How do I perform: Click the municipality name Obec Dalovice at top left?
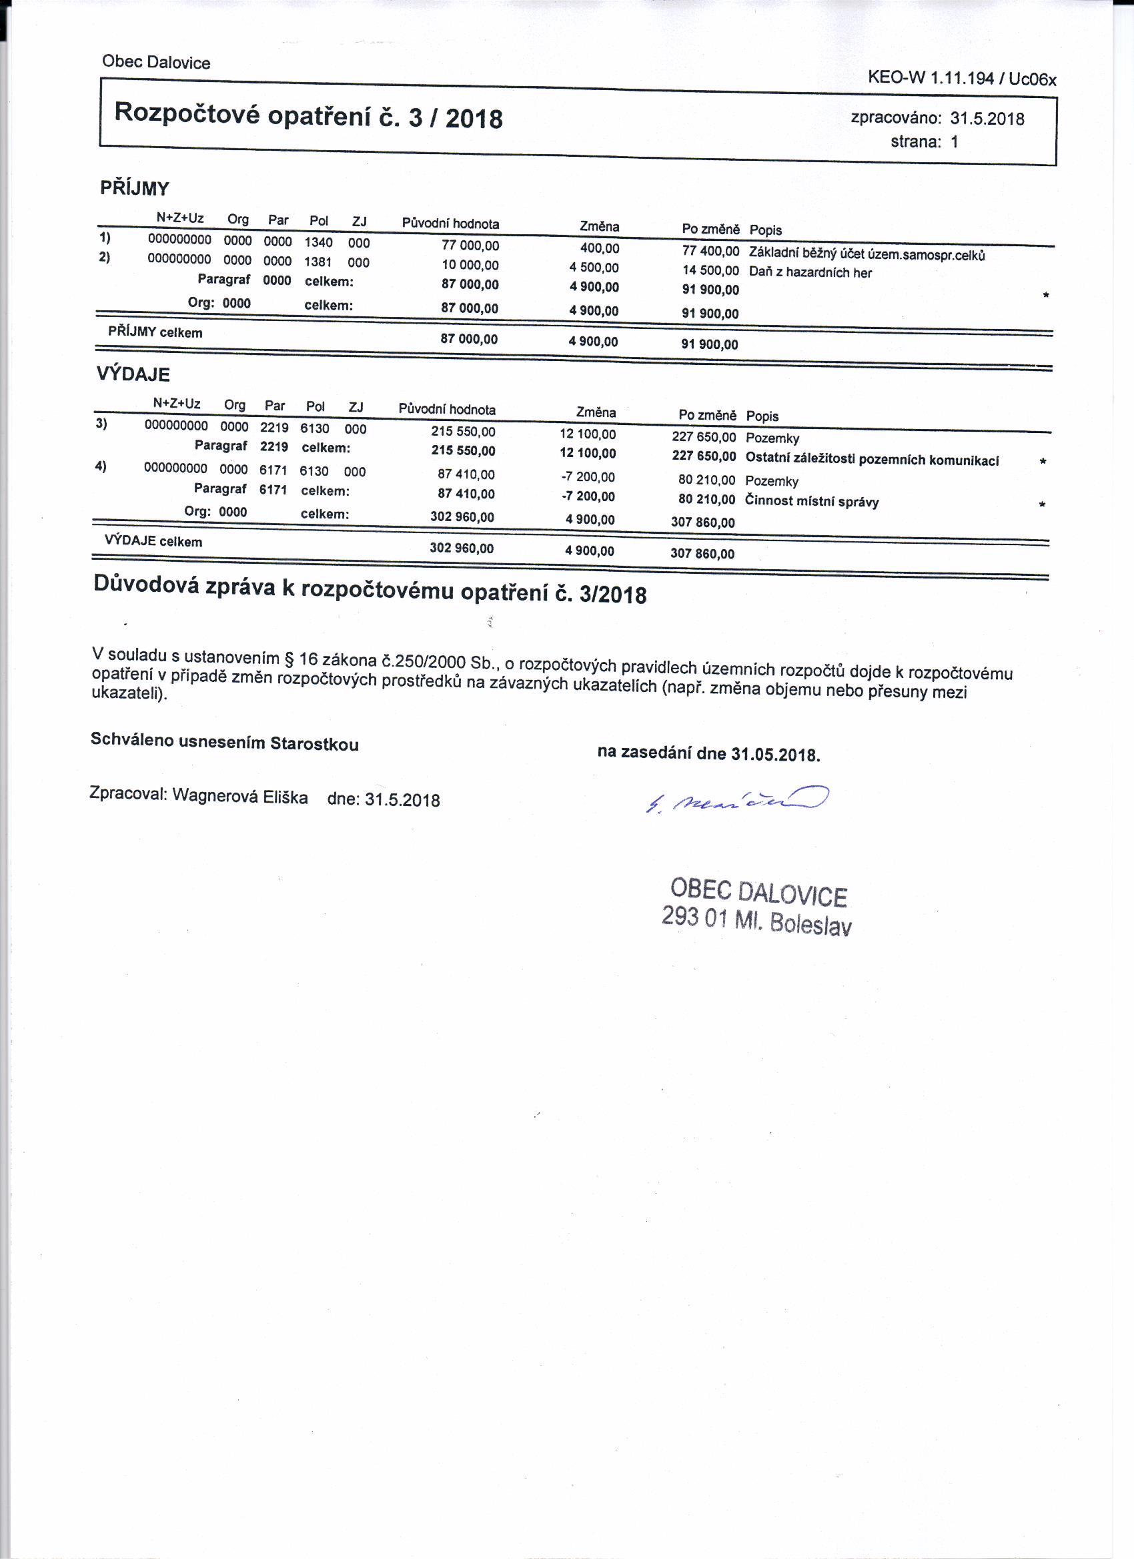156,63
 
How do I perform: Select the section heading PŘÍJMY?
135,188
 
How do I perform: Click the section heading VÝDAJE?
133,374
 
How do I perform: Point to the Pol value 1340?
318,242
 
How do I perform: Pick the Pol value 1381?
318,262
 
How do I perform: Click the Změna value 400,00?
600,248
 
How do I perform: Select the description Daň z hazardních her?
810,272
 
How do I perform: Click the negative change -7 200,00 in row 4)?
588,476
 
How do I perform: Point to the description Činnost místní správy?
811,502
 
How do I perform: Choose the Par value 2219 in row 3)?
274,427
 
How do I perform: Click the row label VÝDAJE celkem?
153,540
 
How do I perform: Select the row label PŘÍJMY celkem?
155,332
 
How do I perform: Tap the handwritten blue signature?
736,799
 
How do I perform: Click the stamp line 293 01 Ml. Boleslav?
756,920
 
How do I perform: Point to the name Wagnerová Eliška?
240,796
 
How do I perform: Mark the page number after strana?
955,142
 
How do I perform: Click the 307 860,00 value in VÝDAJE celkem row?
702,554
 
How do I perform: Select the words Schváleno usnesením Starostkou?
225,742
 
